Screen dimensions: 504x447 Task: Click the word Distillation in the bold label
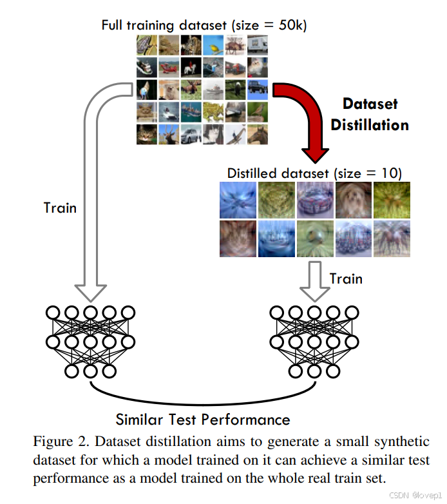[370, 124]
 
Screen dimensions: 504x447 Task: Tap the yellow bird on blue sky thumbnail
[213, 45]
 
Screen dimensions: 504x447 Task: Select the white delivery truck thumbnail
[257, 45]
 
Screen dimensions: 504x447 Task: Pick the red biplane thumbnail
[169, 67]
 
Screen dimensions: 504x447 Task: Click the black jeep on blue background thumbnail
[257, 89]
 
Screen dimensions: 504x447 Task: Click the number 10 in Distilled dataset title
[390, 173]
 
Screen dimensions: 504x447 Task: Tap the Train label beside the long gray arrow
[60, 208]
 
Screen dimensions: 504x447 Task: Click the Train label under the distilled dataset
[346, 278]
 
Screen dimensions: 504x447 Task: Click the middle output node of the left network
[90, 371]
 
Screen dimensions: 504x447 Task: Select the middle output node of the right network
[314, 371]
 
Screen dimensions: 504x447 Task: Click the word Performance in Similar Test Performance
[245, 420]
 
